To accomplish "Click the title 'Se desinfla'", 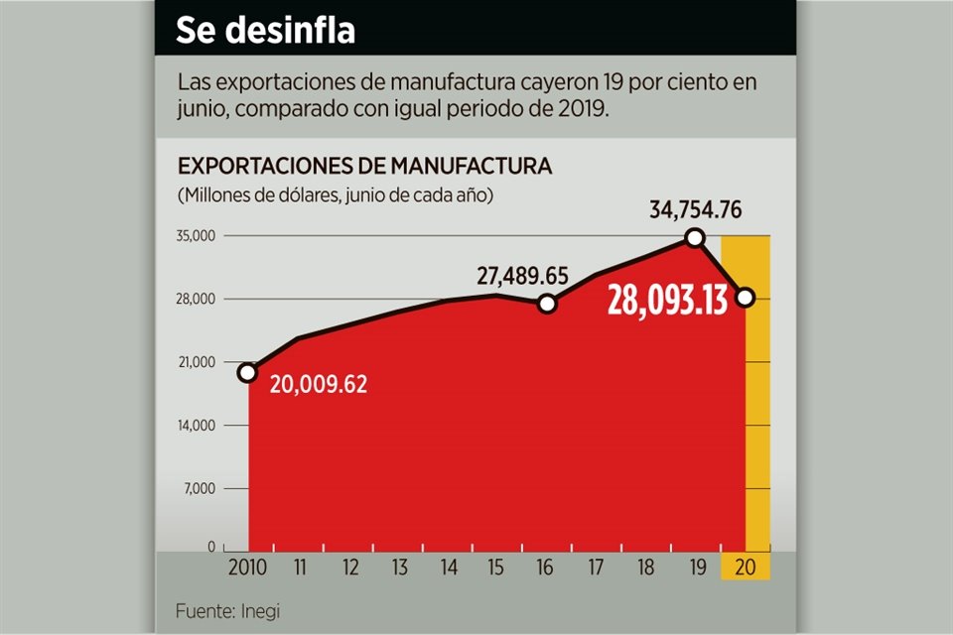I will [x=265, y=30].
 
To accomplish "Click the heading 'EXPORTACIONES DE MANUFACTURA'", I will [x=364, y=166].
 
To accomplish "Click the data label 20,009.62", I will [x=319, y=384].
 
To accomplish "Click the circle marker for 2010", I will [x=248, y=373].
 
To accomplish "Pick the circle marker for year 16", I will [x=547, y=304].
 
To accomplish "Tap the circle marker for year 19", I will [x=695, y=237].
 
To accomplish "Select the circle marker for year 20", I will [x=746, y=297].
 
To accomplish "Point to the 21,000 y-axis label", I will [x=198, y=362].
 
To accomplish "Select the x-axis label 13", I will [x=399, y=569].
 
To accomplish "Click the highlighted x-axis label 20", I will [x=746, y=569].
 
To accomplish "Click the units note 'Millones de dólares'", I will [x=256, y=194].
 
